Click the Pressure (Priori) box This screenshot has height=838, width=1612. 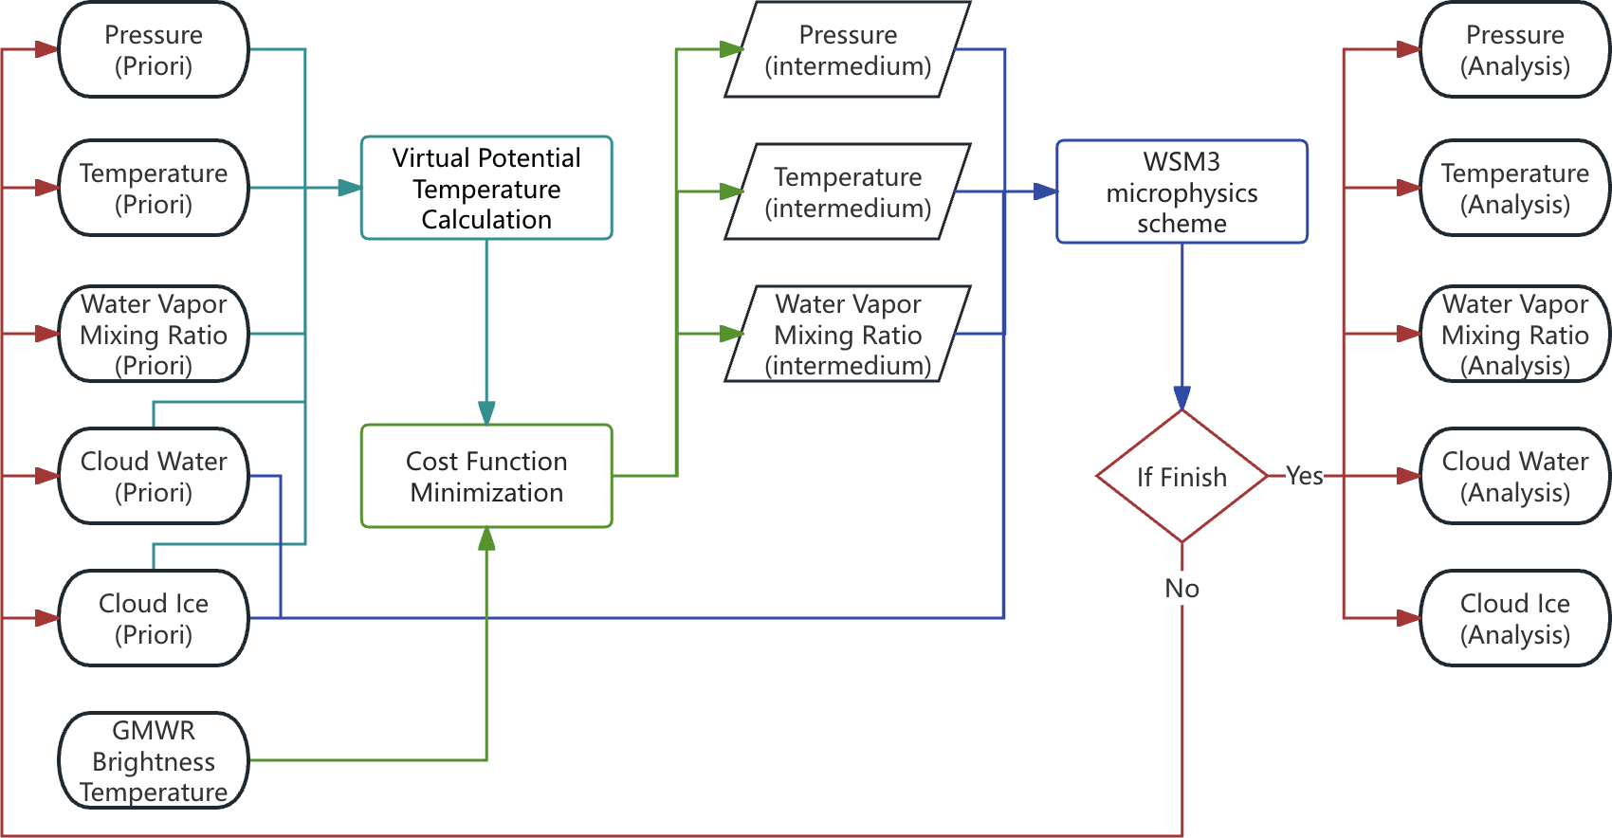coord(154,50)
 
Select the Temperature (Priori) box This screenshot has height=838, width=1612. coord(154,189)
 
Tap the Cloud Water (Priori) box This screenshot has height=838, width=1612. coord(154,476)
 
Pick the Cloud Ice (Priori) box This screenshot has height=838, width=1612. coord(154,618)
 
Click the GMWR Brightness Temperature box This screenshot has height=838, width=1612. coord(154,760)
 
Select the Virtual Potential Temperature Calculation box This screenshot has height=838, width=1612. coord(486,189)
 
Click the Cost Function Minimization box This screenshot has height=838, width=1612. coord(486,476)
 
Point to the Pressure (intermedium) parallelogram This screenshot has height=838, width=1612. coord(848,50)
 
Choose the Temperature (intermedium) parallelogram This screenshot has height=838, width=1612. coord(848,191)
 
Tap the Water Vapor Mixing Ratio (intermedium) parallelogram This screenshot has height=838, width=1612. coord(848,334)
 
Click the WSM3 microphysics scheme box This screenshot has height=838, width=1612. coord(1182,192)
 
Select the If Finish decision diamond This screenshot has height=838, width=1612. coord(1182,476)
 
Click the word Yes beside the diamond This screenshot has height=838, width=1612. coord(1305,476)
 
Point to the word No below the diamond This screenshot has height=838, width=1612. coord(1182,589)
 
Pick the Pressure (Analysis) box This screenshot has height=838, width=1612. coord(1514,50)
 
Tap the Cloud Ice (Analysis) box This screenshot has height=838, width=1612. coord(1514,618)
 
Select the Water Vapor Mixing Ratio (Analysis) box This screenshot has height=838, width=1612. coord(1514,334)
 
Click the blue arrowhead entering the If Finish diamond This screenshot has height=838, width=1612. coord(1182,398)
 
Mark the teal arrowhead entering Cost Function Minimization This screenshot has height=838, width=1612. coord(486,413)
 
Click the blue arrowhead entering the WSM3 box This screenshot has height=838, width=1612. coord(1045,191)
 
